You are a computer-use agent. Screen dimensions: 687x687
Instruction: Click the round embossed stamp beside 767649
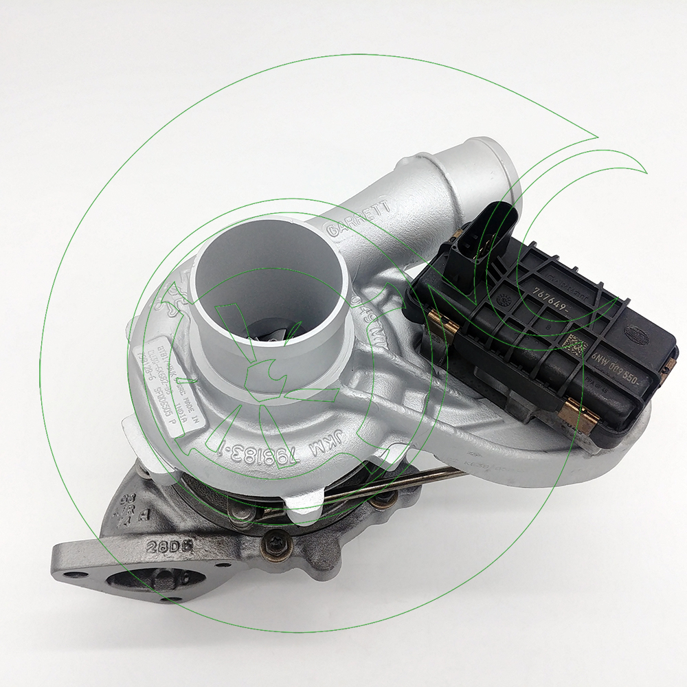tap(507, 300)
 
